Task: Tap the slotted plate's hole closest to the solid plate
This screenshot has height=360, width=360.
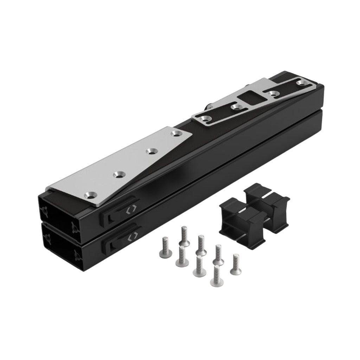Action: point(206,119)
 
